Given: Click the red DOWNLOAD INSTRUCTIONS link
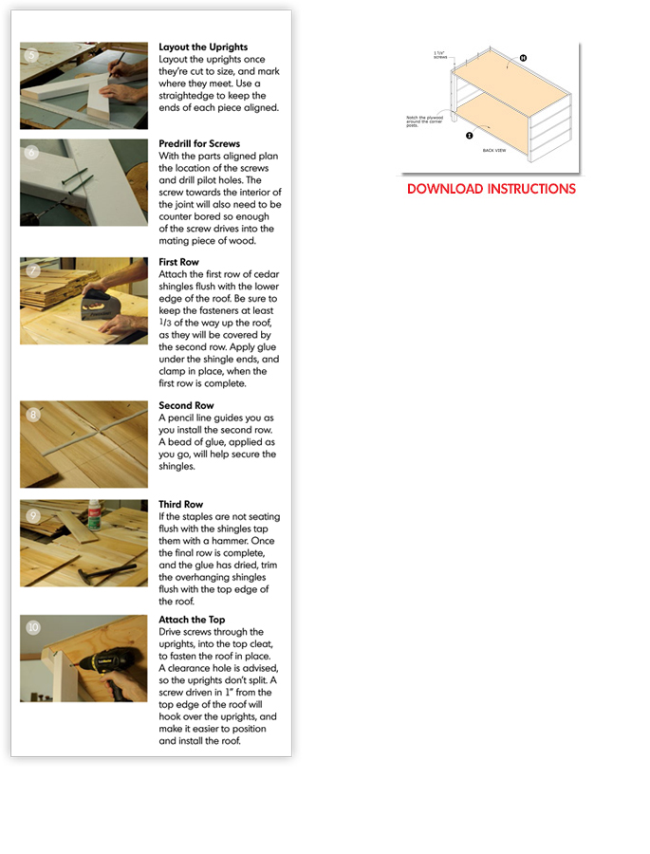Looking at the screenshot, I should pos(491,189).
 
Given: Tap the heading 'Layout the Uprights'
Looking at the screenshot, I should pos(203,46).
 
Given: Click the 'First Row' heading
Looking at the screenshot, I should pos(179,262).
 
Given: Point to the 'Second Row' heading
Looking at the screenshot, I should pos(186,405).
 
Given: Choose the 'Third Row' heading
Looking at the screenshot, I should pos(181,505).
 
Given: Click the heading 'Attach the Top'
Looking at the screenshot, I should pos(192,620).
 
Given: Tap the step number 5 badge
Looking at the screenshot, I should pos(32,55).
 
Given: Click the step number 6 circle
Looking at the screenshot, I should pos(32,153).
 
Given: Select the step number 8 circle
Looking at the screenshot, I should pos(33,414).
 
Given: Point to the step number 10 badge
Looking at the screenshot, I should pos(33,627).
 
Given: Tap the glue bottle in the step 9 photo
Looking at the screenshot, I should pos(94,514).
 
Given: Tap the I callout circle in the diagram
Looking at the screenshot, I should pos(469,136).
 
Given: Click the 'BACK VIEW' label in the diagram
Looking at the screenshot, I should pos(494,150).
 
